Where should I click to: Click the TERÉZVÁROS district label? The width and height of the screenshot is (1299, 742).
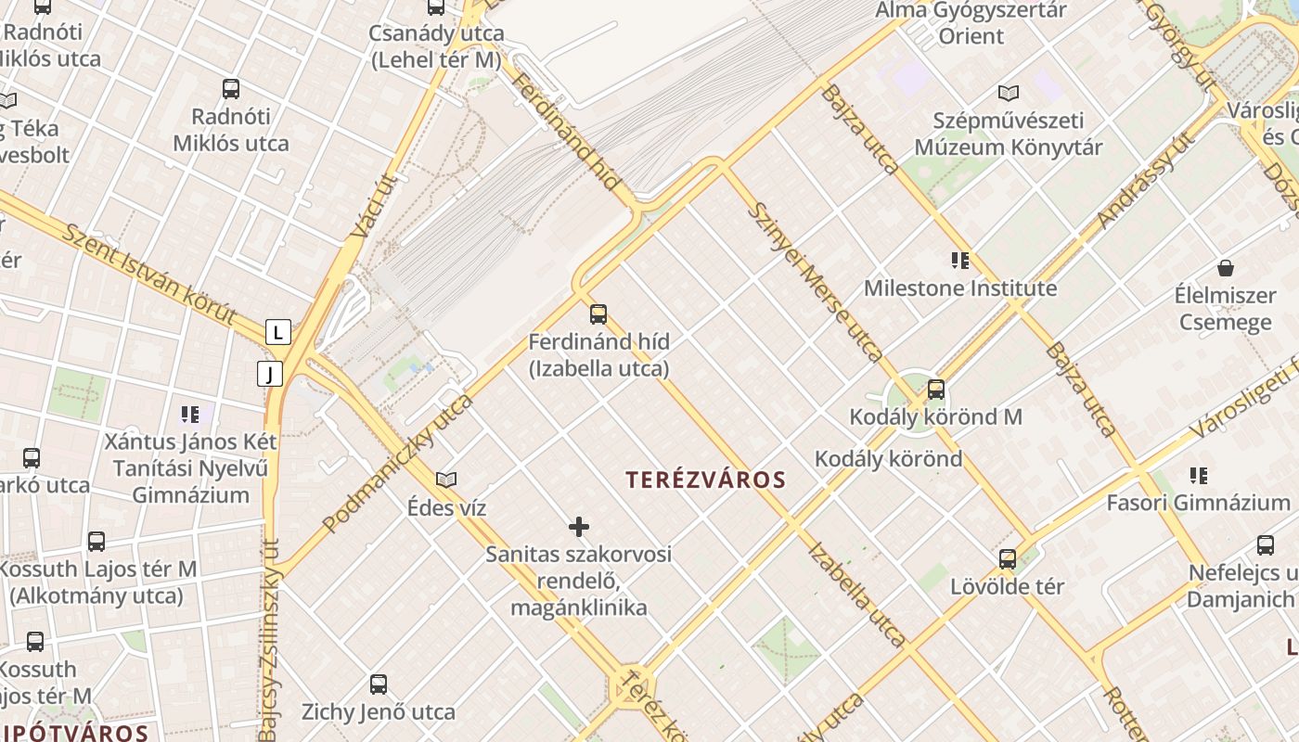[705, 480]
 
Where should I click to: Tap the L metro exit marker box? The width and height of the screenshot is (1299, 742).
[278, 332]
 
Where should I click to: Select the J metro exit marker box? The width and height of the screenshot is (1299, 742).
[269, 374]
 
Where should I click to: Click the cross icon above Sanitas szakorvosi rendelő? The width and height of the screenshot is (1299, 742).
[579, 528]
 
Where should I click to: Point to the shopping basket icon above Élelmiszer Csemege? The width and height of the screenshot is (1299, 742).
[1226, 268]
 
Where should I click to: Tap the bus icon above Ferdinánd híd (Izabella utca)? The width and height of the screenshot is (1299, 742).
[598, 313]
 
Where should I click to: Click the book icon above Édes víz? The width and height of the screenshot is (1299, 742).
[446, 480]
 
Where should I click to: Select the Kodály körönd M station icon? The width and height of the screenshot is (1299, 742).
[936, 390]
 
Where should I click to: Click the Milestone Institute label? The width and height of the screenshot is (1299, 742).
[960, 288]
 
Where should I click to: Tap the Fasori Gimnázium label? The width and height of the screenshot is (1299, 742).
[1198, 503]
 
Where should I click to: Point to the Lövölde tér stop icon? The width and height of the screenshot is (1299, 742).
[1008, 559]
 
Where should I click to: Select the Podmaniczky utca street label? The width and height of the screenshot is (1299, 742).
[398, 463]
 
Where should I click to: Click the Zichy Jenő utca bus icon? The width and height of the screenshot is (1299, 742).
[379, 684]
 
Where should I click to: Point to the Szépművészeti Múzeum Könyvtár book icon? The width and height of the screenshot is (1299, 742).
[1009, 93]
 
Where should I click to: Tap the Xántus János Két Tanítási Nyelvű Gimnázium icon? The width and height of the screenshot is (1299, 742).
[190, 414]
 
